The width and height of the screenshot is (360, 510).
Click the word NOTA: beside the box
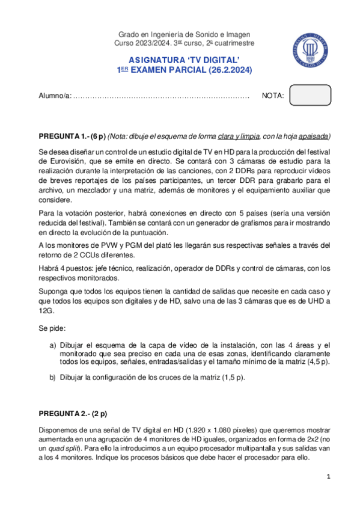click(x=273, y=96)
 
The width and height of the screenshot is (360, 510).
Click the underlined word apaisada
click(x=314, y=136)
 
